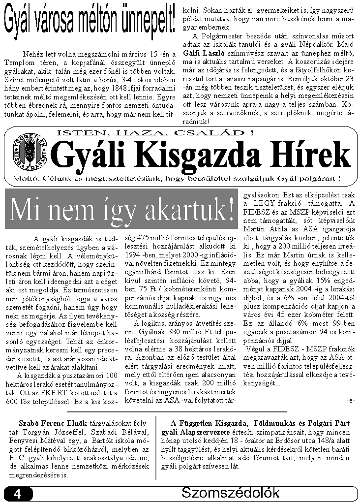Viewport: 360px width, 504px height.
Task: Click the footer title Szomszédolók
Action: [230, 493]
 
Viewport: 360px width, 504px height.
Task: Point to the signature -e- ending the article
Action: [350, 400]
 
